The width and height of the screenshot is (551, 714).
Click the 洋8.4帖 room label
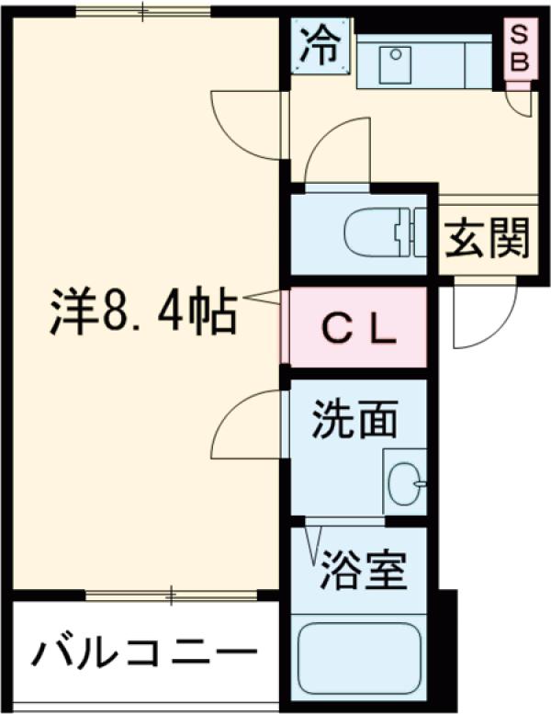tap(142, 312)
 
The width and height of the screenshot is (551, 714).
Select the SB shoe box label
tap(520, 50)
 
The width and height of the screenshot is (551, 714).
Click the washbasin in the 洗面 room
tap(405, 479)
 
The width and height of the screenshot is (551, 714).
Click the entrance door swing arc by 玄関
tap(482, 317)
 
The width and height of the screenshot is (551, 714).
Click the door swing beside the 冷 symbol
tap(243, 124)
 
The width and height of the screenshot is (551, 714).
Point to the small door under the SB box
tap(520, 101)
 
